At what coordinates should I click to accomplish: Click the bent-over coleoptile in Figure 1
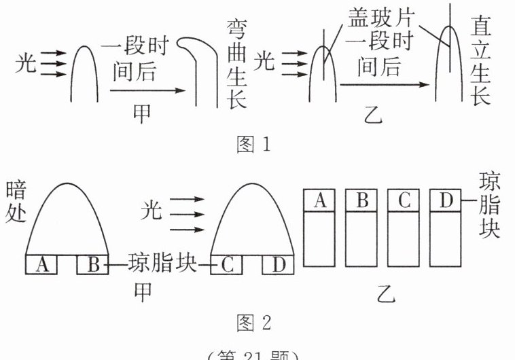coord(198,68)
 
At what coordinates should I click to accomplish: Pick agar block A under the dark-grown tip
coord(42,264)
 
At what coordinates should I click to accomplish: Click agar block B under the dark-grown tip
coord(92,264)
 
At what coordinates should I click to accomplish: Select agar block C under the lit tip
coord(228,264)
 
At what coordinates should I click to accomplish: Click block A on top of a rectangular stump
coord(322,200)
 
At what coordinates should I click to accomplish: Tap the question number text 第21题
coord(256,354)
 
